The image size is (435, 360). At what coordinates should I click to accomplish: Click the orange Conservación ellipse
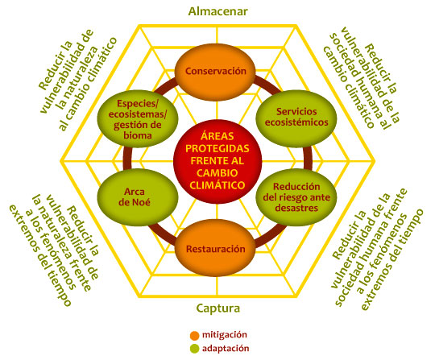[216, 72]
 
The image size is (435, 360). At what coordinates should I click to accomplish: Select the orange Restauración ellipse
[216, 248]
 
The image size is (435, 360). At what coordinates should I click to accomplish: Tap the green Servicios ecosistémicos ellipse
[296, 118]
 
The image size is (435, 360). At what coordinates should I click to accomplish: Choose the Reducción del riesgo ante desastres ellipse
[296, 197]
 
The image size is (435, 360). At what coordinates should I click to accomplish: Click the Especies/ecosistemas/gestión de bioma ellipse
[138, 118]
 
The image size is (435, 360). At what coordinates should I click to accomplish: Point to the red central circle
[217, 161]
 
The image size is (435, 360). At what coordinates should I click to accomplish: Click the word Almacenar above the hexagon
[217, 11]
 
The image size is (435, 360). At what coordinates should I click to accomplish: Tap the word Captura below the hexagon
[218, 308]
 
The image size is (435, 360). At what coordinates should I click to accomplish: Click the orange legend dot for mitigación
[194, 335]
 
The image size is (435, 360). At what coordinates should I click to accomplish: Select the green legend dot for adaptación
[194, 349]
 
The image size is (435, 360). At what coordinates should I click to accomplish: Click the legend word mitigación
[225, 335]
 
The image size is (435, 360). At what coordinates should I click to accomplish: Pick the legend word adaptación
[226, 349]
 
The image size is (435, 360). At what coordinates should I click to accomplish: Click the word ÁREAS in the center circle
[217, 136]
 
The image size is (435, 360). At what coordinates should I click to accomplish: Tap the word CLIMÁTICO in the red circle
[217, 185]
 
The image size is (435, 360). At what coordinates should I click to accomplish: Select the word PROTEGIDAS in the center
[217, 149]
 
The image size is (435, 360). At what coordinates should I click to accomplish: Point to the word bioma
[138, 135]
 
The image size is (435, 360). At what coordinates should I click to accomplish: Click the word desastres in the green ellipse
[296, 208]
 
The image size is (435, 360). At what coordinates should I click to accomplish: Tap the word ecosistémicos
[296, 122]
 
